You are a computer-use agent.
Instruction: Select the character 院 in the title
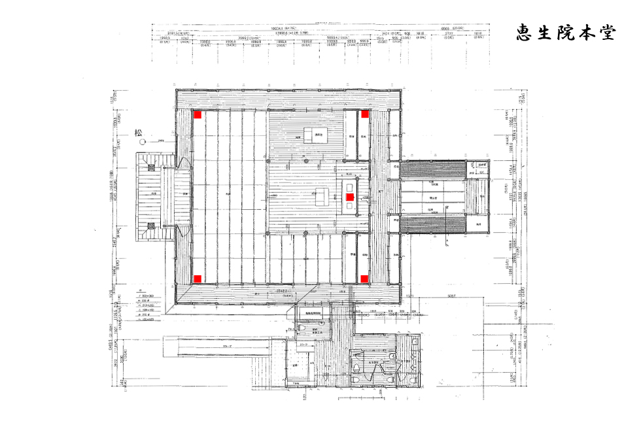click(x=566, y=33)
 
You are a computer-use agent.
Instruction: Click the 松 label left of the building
click(x=139, y=132)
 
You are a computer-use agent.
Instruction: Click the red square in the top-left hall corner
click(x=198, y=114)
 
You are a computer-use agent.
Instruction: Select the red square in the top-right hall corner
click(x=364, y=114)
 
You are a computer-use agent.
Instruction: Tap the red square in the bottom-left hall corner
click(x=198, y=279)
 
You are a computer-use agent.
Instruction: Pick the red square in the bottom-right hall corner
click(x=364, y=279)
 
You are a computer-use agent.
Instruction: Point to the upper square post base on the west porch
click(x=152, y=167)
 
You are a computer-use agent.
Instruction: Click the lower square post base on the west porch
click(x=152, y=226)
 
